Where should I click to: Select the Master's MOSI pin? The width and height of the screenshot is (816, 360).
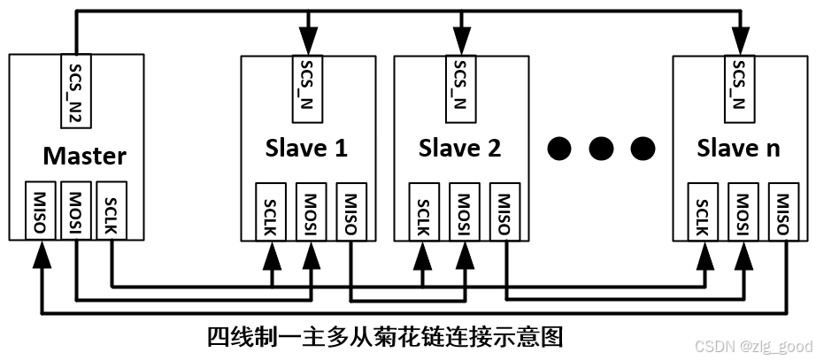(x=75, y=211)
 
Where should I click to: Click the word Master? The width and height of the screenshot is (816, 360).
(x=85, y=157)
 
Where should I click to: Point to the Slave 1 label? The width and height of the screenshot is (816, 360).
(x=306, y=148)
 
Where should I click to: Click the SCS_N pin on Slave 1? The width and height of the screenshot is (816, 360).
(x=306, y=84)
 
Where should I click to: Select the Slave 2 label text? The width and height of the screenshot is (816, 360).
(x=459, y=148)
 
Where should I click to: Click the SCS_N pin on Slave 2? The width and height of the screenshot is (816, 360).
(x=459, y=84)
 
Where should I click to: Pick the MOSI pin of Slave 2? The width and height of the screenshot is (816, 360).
(x=460, y=211)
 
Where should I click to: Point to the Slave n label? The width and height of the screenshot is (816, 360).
(x=739, y=148)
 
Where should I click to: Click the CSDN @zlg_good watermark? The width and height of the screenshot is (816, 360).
(x=751, y=347)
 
